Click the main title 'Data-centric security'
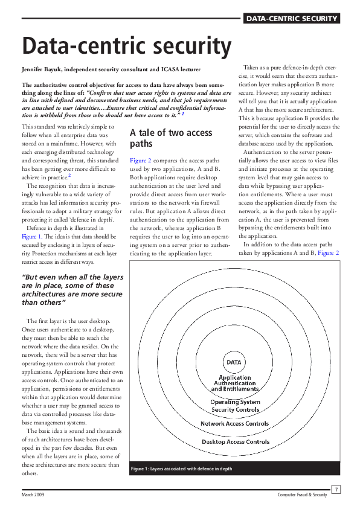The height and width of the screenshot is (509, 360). pyautogui.click(x=126, y=46)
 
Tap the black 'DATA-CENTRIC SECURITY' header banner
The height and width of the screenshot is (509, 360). pyautogui.click(x=291, y=19)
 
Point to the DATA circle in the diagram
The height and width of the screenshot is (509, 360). pyautogui.click(x=234, y=362)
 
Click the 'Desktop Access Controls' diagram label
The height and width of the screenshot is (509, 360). pyautogui.click(x=235, y=441)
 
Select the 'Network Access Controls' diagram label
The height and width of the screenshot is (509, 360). pyautogui.click(x=234, y=423)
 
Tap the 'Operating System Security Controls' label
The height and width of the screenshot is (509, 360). pyautogui.click(x=234, y=406)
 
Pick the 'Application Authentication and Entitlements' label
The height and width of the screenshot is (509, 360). pyautogui.click(x=234, y=383)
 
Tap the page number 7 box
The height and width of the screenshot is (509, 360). pyautogui.click(x=336, y=488)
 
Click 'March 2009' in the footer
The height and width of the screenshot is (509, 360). pyautogui.click(x=34, y=495)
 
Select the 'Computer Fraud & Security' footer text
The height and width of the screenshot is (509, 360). pyautogui.click(x=302, y=495)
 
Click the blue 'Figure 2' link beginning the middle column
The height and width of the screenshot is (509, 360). pyautogui.click(x=140, y=161)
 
